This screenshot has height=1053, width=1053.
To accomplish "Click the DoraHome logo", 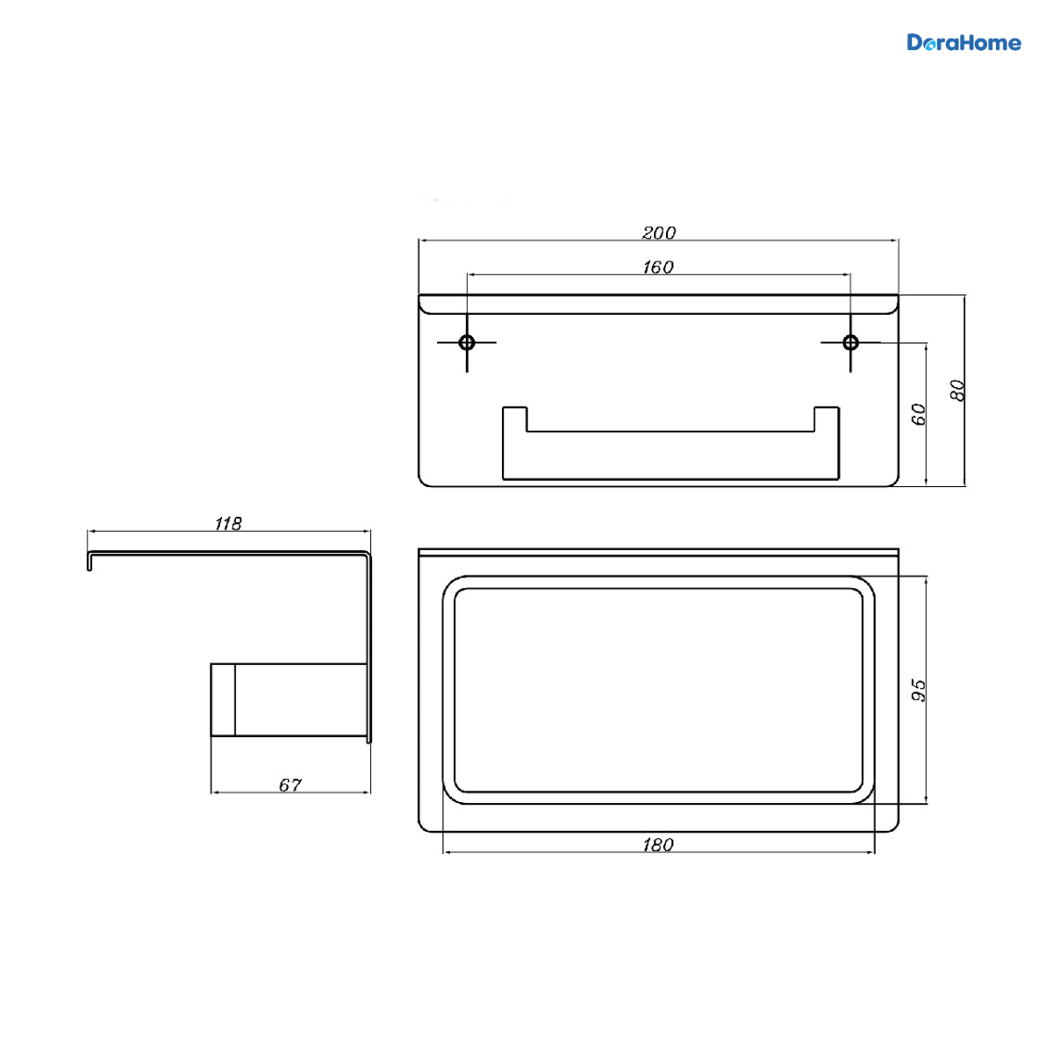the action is pos(963,43).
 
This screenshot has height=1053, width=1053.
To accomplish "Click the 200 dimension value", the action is pos(658,233).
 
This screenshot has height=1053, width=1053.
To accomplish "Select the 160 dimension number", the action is pos(658,267).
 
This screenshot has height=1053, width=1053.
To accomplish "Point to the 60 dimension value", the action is pos(919,413).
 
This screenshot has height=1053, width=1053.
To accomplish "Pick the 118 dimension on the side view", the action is pos(228,524).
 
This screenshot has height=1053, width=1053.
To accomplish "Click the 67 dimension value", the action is pos(290,785).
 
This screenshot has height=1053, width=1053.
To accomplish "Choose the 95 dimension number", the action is pos(919,691).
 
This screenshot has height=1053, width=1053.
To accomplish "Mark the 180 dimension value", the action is pos(658,845).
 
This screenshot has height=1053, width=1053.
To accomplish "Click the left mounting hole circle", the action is pos(467,342).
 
